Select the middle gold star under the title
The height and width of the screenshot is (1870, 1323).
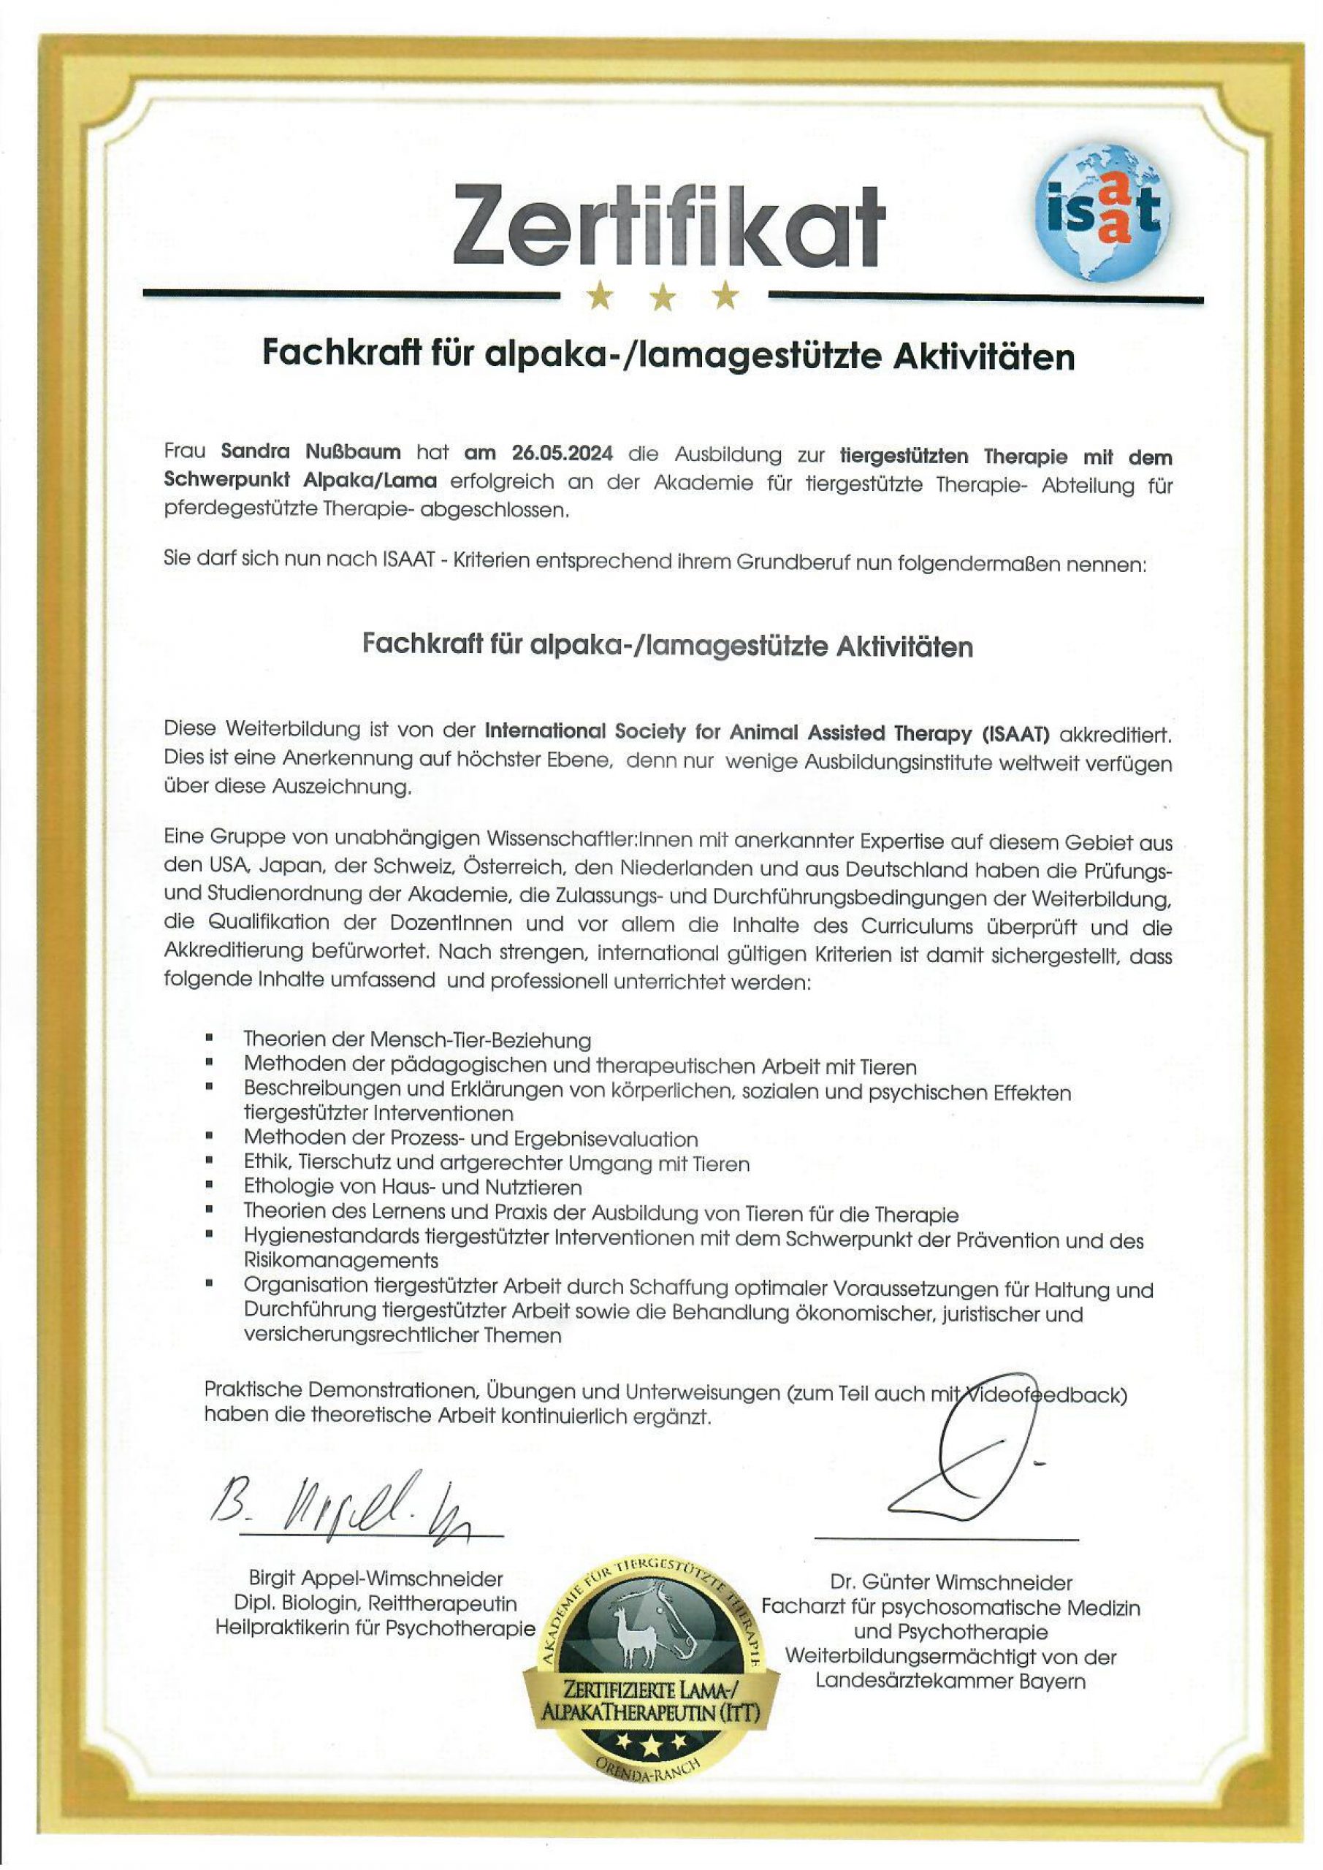click(663, 297)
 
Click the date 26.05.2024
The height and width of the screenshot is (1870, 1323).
click(563, 453)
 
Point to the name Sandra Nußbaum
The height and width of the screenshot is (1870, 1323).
click(310, 452)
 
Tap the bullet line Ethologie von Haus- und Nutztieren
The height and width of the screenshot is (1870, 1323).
click(412, 1187)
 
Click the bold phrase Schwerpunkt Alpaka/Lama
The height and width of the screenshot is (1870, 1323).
click(300, 481)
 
